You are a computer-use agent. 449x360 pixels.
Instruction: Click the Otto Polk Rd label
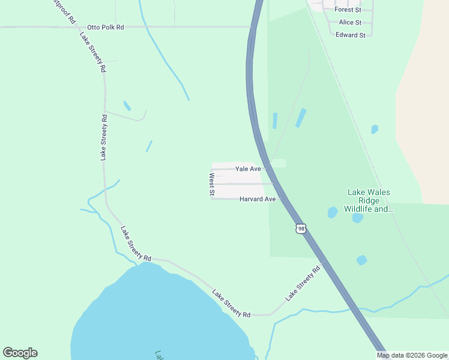pyautogui.click(x=105, y=28)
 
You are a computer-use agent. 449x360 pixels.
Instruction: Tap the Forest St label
pyautogui.click(x=348, y=10)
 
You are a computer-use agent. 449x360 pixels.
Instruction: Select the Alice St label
pyautogui.click(x=350, y=22)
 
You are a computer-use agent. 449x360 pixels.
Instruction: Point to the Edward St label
pyautogui.click(x=351, y=35)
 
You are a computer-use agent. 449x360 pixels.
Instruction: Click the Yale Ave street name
pyautogui.click(x=248, y=169)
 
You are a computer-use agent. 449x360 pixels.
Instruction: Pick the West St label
pyautogui.click(x=212, y=184)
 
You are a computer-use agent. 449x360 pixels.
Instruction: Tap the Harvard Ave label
pyautogui.click(x=257, y=199)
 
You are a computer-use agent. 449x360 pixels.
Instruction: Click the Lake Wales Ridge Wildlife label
pyautogui.click(x=369, y=201)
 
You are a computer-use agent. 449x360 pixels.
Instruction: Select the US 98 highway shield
pyautogui.click(x=301, y=229)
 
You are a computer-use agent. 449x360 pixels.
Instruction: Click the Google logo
pyautogui.click(x=20, y=353)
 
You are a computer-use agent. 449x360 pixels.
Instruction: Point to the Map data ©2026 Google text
pyautogui.click(x=412, y=355)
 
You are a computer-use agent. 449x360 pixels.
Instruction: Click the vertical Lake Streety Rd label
pyautogui.click(x=104, y=137)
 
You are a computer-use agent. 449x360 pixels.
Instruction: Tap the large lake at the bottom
pyautogui.click(x=156, y=318)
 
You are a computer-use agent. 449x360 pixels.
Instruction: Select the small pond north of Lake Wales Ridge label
pyautogui.click(x=375, y=129)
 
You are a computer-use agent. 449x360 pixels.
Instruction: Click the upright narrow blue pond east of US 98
pyautogui.click(x=275, y=121)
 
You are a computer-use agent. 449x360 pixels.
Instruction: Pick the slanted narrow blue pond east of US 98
pyautogui.click(x=301, y=118)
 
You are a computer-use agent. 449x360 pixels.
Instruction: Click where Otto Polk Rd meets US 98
pyautogui.click(x=250, y=27)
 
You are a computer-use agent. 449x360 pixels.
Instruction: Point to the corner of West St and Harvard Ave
pyautogui.click(x=212, y=199)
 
